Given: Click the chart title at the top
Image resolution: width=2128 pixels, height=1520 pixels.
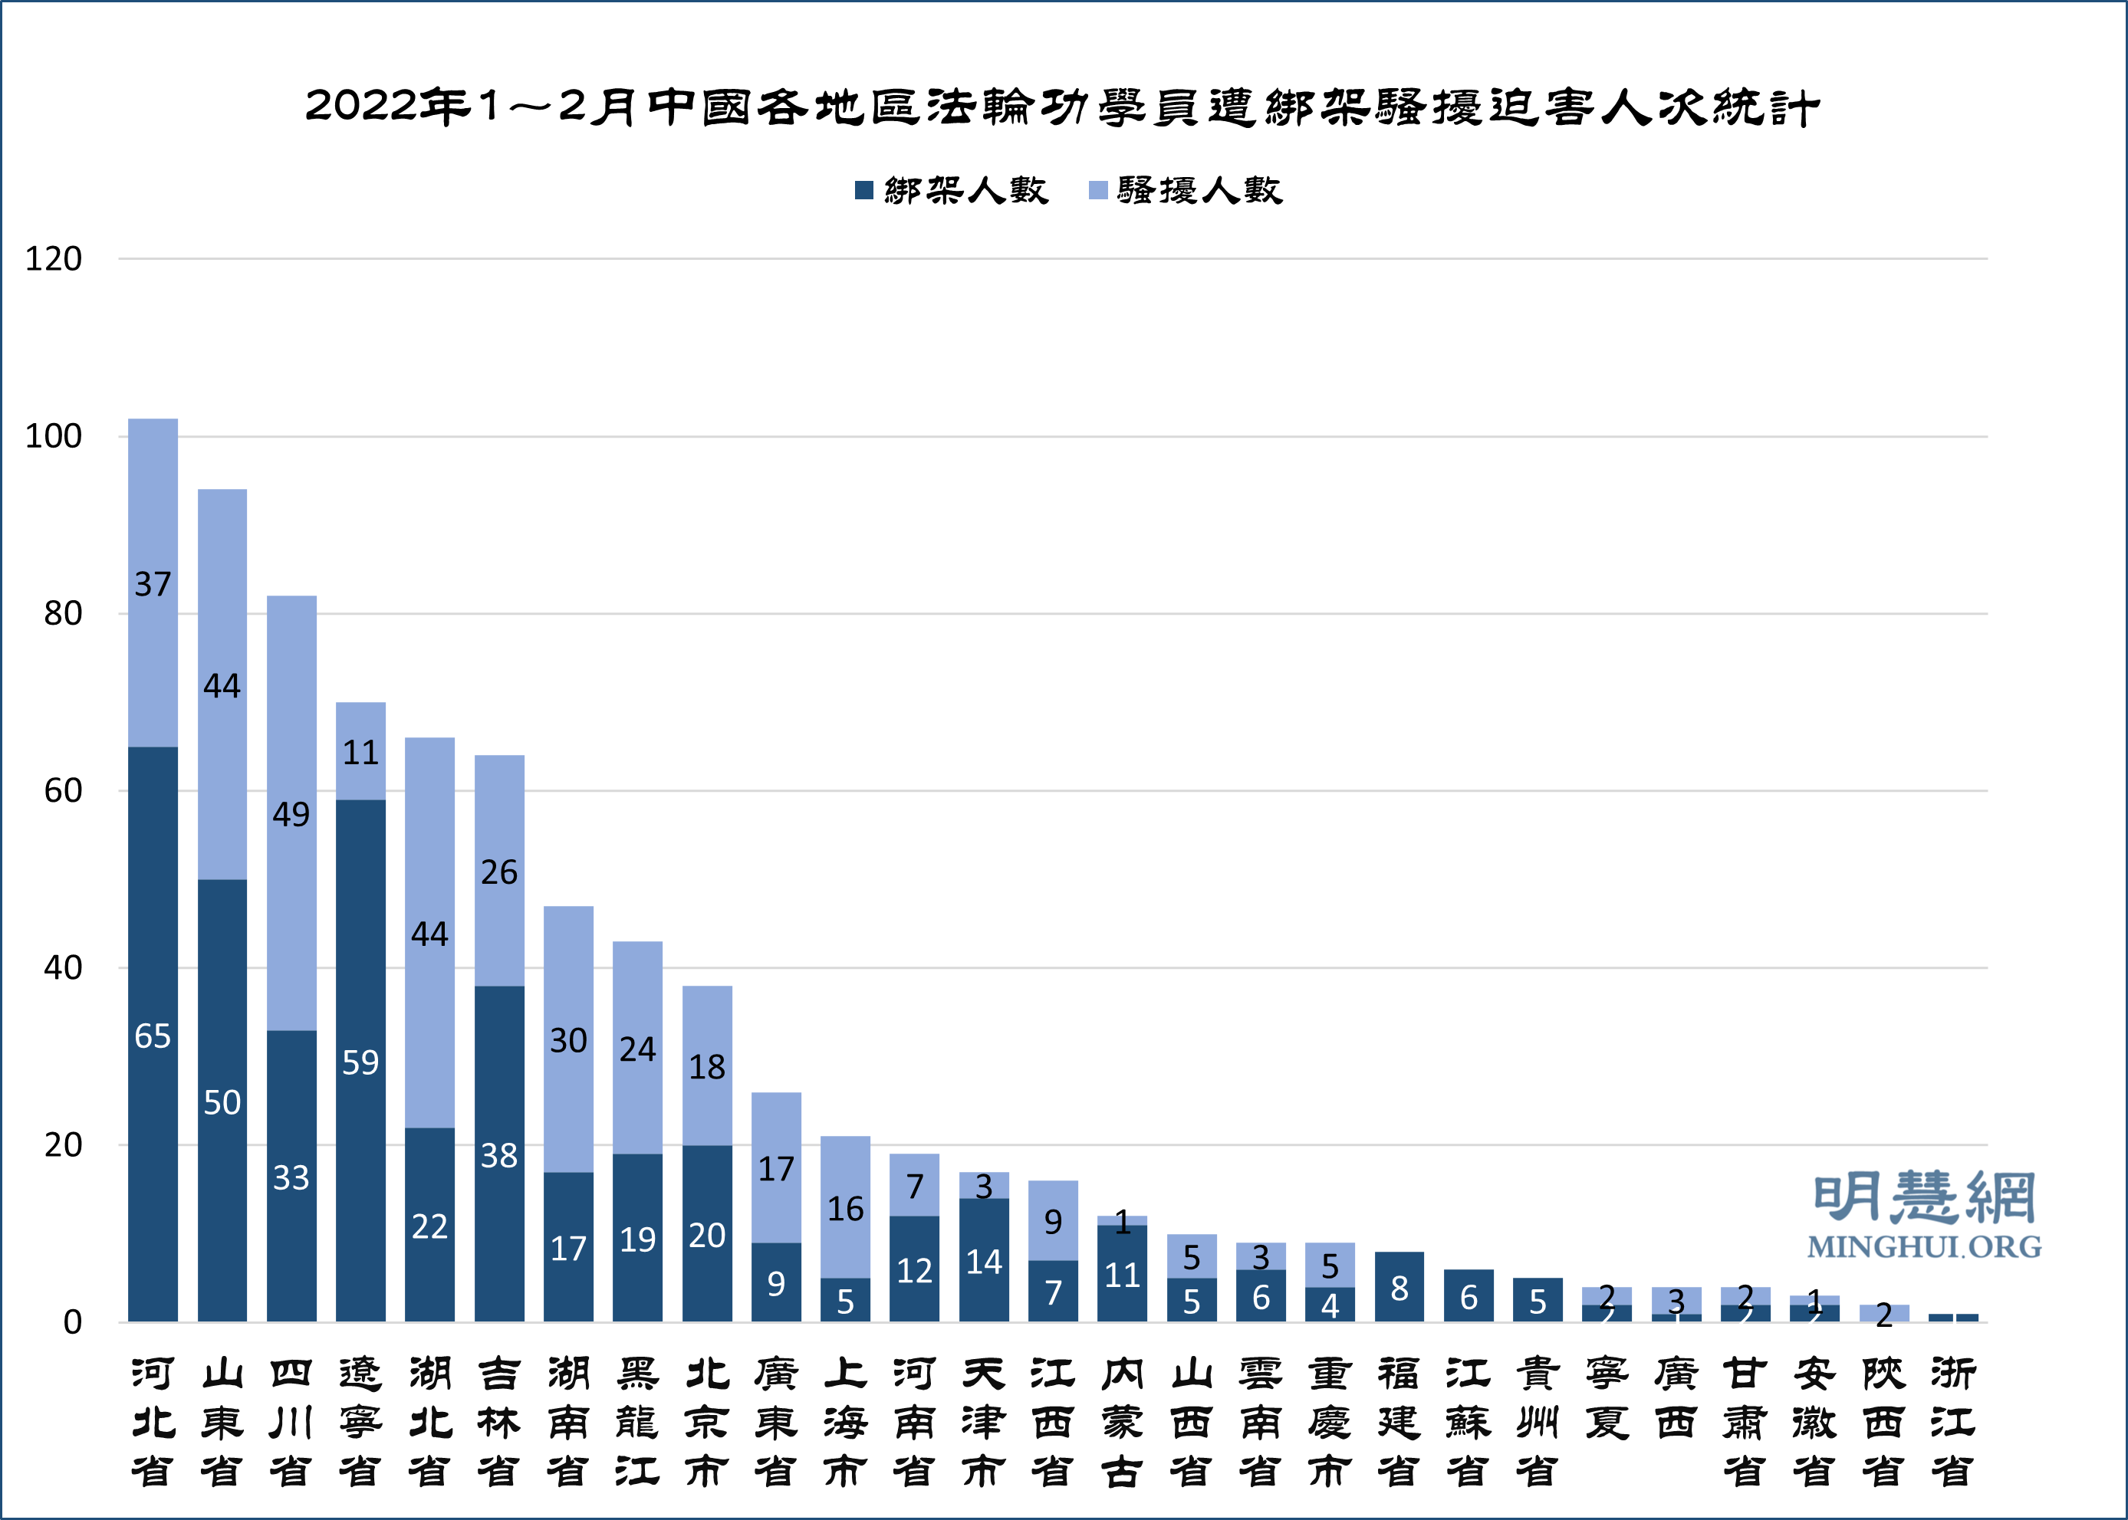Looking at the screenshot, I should click(1063, 107).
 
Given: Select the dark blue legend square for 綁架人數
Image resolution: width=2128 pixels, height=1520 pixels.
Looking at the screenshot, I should click(864, 191).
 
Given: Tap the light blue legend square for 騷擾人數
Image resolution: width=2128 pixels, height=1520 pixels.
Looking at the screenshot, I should click(1098, 191).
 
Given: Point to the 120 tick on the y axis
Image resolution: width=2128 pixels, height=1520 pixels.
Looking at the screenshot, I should click(54, 259).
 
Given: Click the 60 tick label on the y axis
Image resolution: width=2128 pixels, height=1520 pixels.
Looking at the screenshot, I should click(63, 791).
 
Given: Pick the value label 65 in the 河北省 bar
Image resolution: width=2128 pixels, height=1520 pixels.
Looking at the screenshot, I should click(153, 1036).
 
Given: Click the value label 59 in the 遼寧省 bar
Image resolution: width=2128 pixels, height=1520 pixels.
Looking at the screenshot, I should click(360, 1062).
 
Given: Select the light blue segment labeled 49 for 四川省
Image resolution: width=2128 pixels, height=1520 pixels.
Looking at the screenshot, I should click(291, 813).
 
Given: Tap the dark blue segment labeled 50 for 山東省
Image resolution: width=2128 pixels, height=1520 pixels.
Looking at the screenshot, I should click(222, 1101).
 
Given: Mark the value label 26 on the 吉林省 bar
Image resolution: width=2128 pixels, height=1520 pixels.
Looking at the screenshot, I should click(499, 872).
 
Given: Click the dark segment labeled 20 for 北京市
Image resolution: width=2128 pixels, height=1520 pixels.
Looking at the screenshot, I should click(707, 1235).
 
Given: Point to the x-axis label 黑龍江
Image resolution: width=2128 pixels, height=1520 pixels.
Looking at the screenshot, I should click(637, 1423).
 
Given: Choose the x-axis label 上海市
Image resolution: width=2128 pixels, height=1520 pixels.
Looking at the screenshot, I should click(845, 1423).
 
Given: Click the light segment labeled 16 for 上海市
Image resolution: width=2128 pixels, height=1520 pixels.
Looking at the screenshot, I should click(845, 1207).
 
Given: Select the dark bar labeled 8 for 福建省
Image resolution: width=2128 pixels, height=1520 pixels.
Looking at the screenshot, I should click(1399, 1287).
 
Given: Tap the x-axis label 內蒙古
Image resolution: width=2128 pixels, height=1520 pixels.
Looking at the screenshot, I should click(1123, 1423).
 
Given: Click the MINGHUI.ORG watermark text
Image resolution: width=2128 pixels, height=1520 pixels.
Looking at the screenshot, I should click(1924, 1246).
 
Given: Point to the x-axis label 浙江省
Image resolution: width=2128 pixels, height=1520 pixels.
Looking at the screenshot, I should click(1953, 1423).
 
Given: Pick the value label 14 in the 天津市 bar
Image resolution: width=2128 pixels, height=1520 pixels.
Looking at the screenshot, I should click(984, 1262).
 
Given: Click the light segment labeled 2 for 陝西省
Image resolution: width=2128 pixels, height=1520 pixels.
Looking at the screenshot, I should click(1883, 1313).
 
